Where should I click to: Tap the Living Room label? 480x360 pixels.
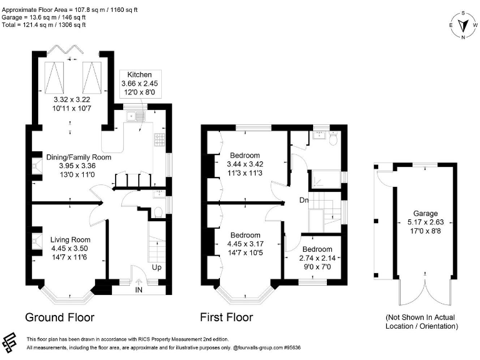click(x=70, y=239)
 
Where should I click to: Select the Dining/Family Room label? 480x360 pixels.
click(x=78, y=157)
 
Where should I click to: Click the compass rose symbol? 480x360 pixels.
click(x=463, y=25)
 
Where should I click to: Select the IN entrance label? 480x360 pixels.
click(x=138, y=290)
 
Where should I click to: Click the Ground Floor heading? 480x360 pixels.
click(x=59, y=317)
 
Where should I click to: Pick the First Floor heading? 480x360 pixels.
click(x=226, y=317)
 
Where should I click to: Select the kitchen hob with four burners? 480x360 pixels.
click(x=160, y=138)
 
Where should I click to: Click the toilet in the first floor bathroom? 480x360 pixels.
click(x=333, y=139)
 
